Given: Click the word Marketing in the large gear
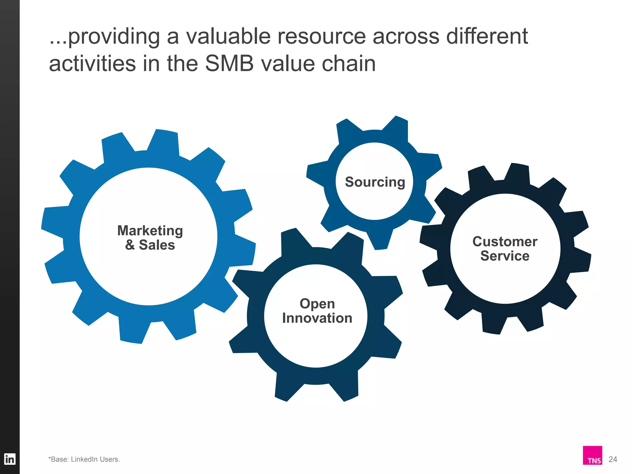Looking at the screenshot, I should point(150,231).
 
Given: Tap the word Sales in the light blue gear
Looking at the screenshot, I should point(157,245).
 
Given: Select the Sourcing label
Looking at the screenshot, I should point(375,182).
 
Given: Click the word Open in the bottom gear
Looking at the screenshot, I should point(317,304).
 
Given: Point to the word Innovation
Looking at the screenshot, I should point(317,318).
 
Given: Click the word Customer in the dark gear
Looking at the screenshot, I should point(505,242).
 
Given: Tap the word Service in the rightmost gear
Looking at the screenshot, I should point(505,256).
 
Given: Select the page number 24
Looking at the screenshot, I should point(613,459).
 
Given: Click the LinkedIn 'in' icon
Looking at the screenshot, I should point(10,459).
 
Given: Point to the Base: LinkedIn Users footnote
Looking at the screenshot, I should point(84,459).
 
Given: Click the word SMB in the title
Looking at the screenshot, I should point(229,64).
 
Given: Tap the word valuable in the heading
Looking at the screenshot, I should point(228,36).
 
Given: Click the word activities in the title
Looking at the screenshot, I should point(92,64).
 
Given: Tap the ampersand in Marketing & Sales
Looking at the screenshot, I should point(130,245).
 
